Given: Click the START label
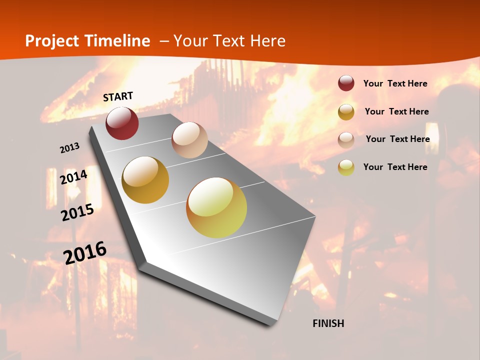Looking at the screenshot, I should tap(118, 96).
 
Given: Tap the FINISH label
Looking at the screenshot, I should tap(328, 323).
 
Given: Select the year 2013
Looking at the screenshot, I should tap(69, 148).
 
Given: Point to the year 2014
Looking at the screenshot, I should tap(74, 177).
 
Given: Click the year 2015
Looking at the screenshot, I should tap(77, 212).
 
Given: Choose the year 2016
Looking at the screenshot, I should tap(85, 252).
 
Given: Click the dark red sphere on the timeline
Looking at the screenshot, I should tap(122, 123).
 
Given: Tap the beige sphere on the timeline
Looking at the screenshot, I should tap(189, 140).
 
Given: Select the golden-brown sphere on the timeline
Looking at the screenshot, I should tap(145, 180).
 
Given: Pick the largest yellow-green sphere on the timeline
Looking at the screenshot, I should tap(216, 207).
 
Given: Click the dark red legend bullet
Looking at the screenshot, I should tap(346, 83).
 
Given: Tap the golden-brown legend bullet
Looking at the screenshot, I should tap(346, 112).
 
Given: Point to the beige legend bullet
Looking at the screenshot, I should tap(346, 140).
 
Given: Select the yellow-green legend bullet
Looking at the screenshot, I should tap(346, 167).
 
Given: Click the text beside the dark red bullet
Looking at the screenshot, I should tap(395, 83).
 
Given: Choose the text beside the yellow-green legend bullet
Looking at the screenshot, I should tap(395, 167).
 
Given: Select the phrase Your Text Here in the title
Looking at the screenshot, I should tap(229, 41).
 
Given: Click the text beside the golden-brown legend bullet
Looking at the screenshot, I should tap(396, 111).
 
